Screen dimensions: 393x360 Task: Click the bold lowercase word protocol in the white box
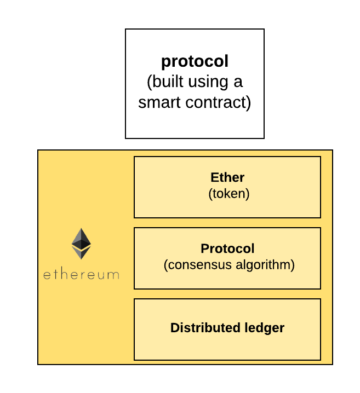(195, 61)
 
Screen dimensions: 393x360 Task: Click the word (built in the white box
(166, 82)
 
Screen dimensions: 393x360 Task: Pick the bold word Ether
(227, 177)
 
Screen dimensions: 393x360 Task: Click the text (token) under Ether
(227, 193)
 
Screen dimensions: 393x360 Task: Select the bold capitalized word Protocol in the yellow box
(227, 249)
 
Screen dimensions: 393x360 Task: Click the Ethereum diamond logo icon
(81, 244)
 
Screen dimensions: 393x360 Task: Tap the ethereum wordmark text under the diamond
(81, 274)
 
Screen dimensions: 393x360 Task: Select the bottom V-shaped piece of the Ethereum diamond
(81, 253)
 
